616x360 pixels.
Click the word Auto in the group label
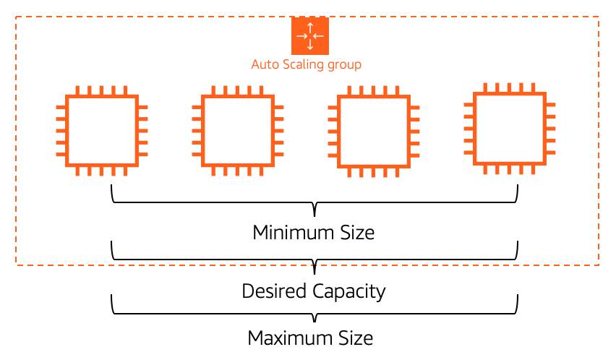click(x=265, y=64)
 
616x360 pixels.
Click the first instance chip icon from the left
click(x=101, y=131)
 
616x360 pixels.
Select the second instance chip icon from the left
click(x=236, y=131)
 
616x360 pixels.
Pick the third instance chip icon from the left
click(x=372, y=131)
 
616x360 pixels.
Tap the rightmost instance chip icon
click(x=508, y=127)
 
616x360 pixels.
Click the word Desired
click(x=275, y=291)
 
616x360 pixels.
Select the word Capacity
click(x=349, y=292)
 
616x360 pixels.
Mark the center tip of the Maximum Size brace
click(x=315, y=320)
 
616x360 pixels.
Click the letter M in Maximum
click(x=256, y=338)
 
